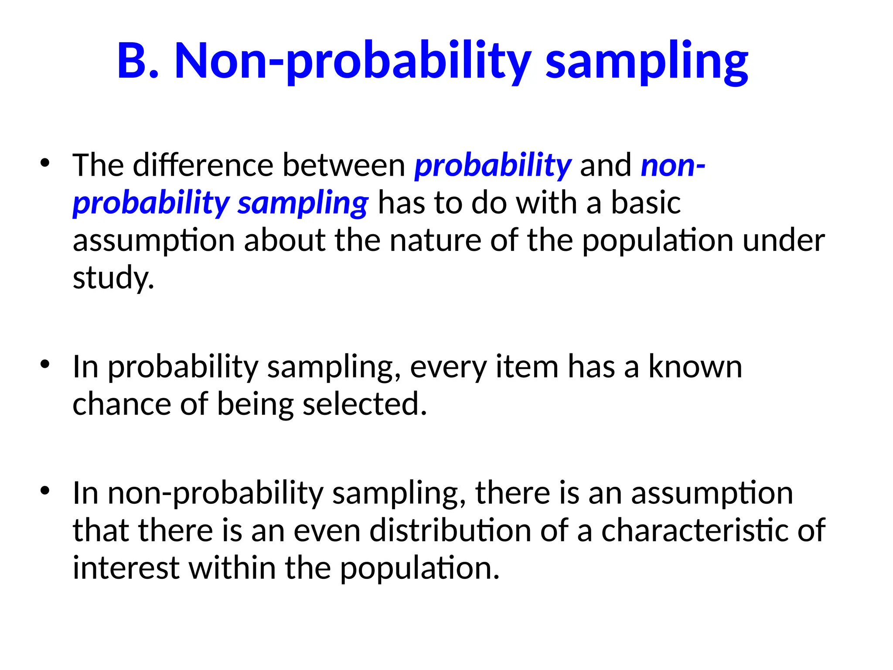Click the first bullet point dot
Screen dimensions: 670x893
45,163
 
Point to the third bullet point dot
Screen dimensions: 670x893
45,490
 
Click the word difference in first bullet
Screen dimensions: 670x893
203,165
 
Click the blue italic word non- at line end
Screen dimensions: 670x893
672,166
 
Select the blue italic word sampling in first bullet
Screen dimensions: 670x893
303,204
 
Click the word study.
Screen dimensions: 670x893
112,278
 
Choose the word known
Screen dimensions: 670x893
695,367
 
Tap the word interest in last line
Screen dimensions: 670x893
126,568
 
